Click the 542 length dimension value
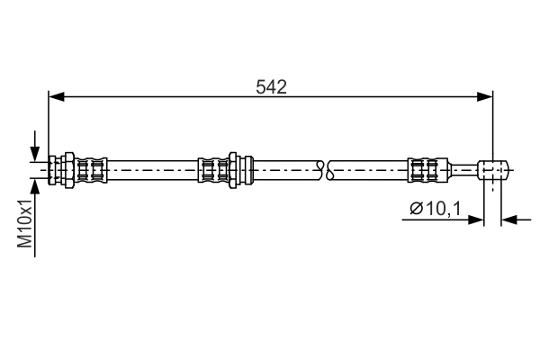(x=271, y=87)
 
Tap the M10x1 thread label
(x=25, y=223)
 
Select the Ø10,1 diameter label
(x=435, y=209)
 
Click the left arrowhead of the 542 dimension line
(x=57, y=97)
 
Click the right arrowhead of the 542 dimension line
(x=485, y=97)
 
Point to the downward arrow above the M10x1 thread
(x=34, y=146)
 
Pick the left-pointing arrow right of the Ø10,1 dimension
(x=516, y=220)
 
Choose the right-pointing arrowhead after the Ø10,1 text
(x=476, y=220)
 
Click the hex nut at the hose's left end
(x=69, y=170)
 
